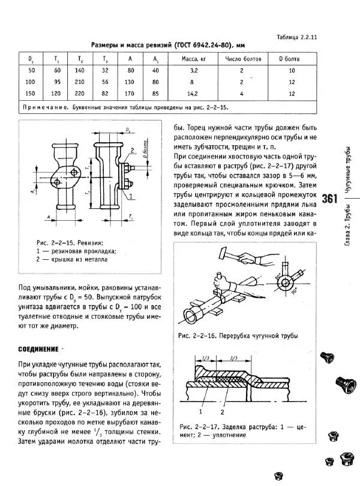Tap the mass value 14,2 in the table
(x=193, y=94)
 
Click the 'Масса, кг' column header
(x=193, y=59)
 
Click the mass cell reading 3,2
(x=193, y=70)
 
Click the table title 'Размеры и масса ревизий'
(x=131, y=46)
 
